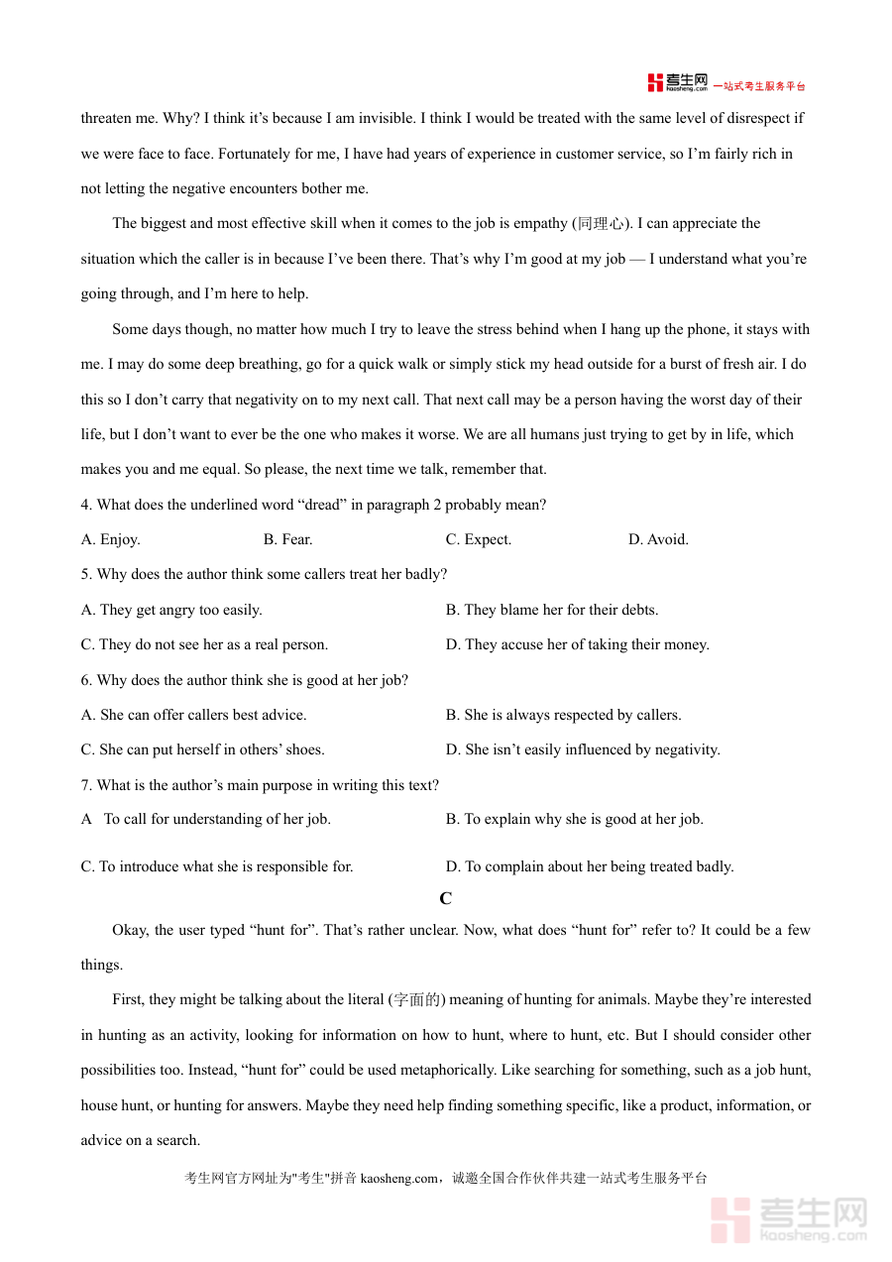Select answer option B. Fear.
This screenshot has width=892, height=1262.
click(x=287, y=539)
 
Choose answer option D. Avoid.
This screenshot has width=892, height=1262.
click(x=658, y=539)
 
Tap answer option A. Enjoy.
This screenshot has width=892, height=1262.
click(x=110, y=539)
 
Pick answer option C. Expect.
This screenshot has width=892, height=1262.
click(x=479, y=539)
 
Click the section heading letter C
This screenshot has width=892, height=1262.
click(x=446, y=898)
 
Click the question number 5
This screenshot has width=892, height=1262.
click(x=86, y=574)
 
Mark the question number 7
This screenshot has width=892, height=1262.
click(x=86, y=785)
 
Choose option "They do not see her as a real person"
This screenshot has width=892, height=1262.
click(x=204, y=644)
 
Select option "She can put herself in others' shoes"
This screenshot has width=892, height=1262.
click(x=202, y=749)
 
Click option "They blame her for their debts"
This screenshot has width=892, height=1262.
click(x=552, y=610)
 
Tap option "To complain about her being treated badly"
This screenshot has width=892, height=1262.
click(x=590, y=866)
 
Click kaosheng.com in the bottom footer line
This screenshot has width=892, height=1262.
click(x=398, y=1179)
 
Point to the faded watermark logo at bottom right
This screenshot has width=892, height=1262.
click(x=789, y=1218)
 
